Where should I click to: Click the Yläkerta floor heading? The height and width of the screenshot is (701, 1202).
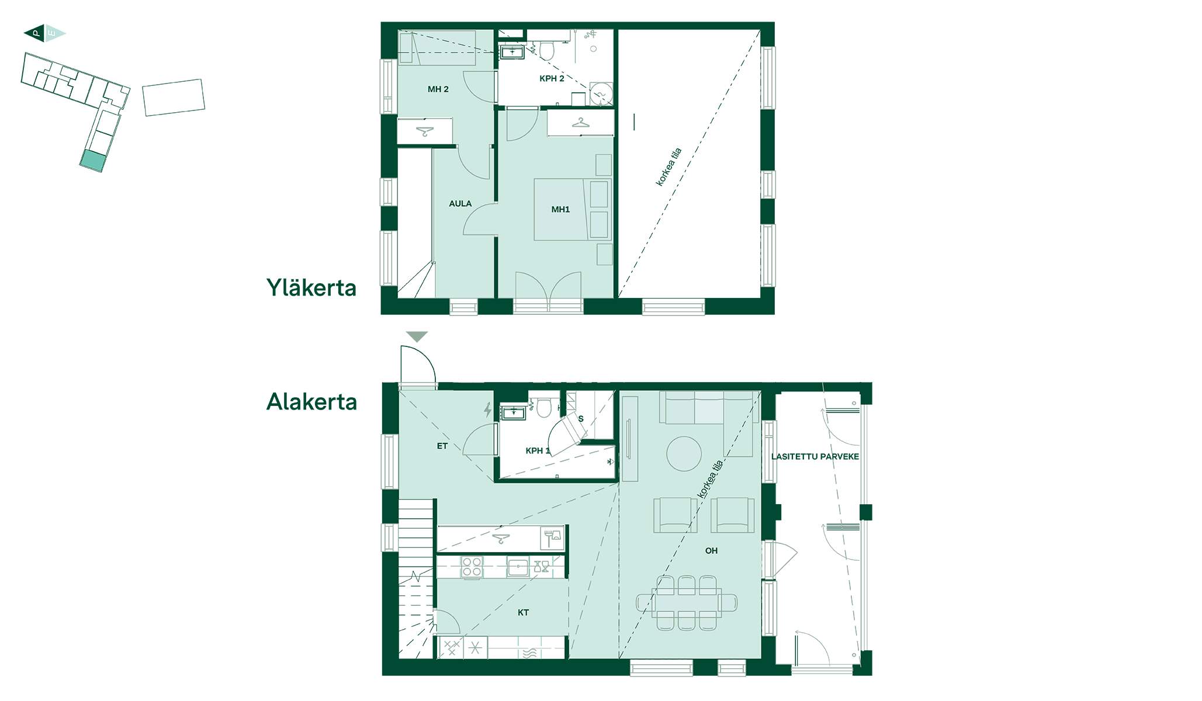311,287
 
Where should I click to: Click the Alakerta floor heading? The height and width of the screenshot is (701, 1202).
311,402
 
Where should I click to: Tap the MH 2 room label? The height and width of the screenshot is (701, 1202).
438,89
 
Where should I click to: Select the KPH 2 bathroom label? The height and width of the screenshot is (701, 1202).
552,78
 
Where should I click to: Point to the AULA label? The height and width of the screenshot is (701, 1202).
460,204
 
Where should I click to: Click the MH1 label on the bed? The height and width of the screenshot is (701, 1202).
560,210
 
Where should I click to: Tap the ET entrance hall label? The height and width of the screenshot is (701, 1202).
442,446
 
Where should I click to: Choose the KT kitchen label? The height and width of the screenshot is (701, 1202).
523,613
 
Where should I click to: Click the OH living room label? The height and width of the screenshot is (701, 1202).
711,551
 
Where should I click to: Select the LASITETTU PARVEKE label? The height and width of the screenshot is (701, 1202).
815,457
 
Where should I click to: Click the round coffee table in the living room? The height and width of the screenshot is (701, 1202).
684,454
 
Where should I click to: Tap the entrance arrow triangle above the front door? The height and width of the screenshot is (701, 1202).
417,336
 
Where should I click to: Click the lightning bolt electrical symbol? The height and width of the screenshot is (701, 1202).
488,410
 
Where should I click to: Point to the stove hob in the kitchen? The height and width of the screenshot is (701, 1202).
472,567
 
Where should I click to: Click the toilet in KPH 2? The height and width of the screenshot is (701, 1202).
546,50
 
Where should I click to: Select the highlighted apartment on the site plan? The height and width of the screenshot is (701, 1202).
93,161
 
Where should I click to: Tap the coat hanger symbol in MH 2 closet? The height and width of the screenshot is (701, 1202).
425,131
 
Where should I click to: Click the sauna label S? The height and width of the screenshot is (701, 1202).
581,419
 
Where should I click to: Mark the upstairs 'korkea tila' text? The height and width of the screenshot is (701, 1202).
669,168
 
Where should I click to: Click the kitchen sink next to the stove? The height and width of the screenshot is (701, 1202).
518,567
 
